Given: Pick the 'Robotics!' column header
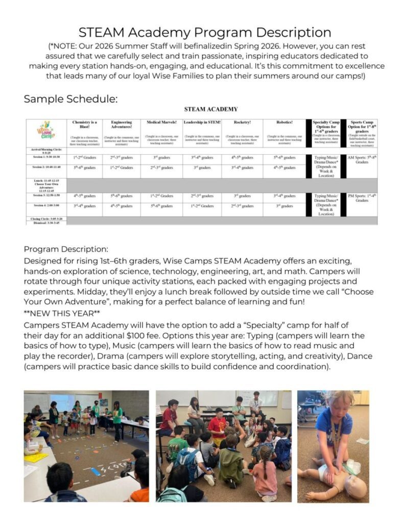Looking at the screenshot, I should click(284, 123).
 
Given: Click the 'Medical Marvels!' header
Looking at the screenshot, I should click(161, 123).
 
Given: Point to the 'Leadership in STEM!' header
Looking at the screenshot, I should click(202, 123).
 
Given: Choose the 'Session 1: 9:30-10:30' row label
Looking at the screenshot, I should click(45, 156).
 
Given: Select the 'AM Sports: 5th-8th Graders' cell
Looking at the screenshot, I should click(362, 160).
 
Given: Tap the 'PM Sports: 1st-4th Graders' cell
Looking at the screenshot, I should click(362, 198).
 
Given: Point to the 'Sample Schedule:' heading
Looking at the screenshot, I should click(70, 99).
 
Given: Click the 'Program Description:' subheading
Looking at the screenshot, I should click(66, 249).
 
